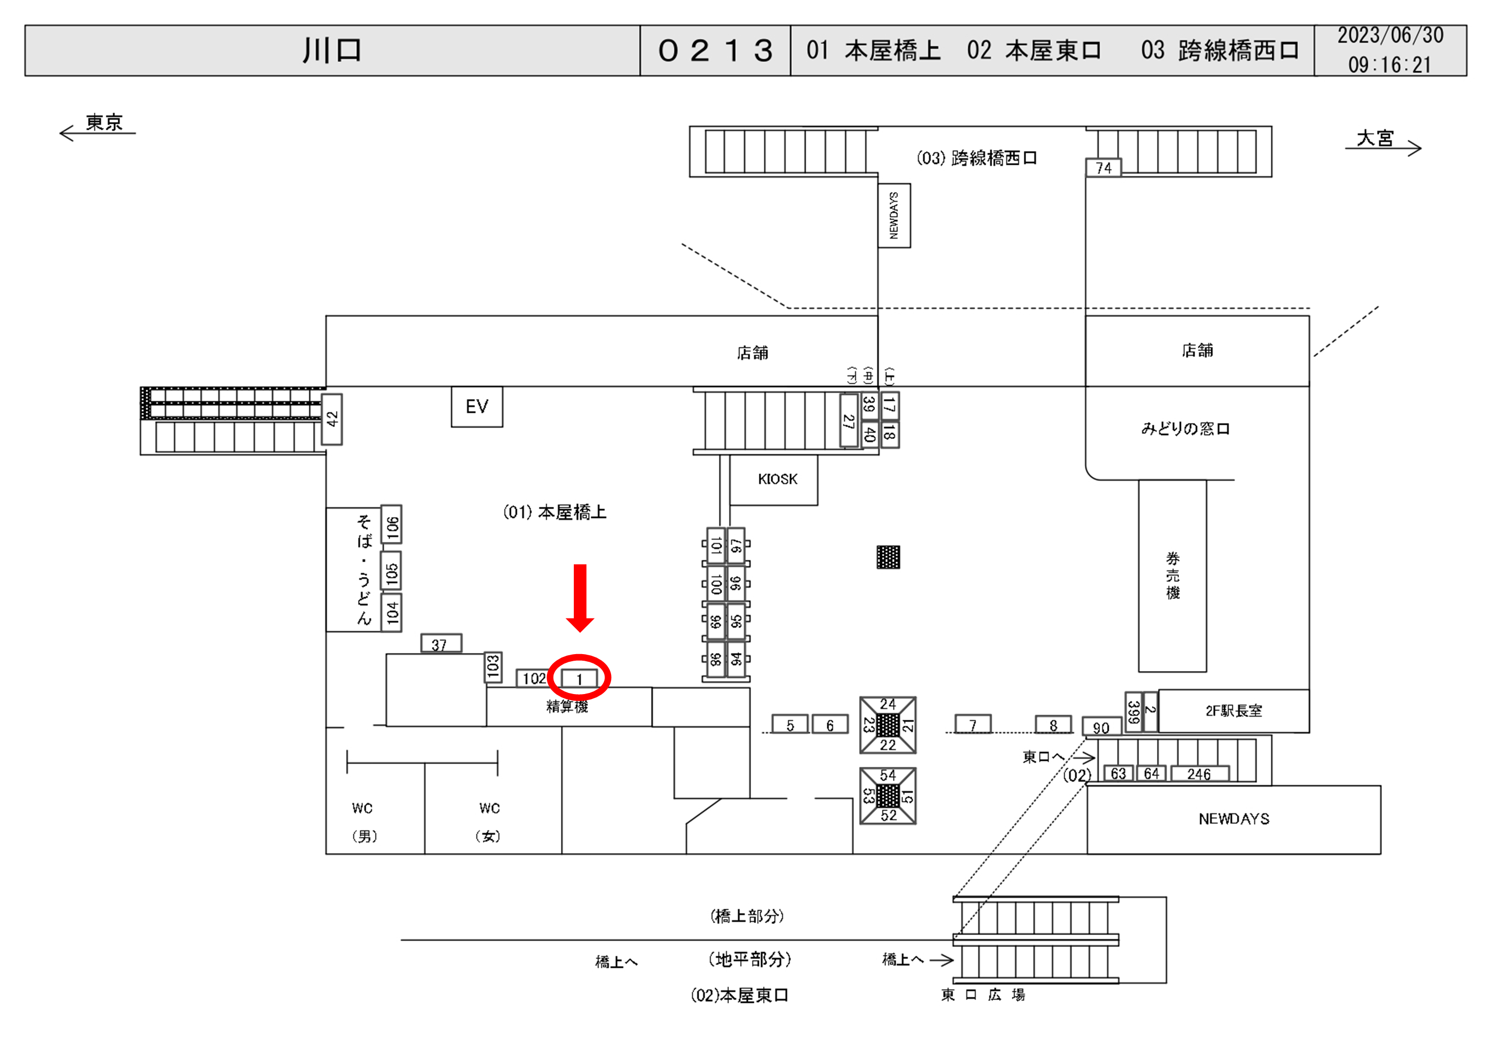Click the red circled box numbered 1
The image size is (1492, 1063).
point(579,679)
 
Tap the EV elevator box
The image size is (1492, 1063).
point(476,407)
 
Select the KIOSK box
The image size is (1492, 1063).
point(777,479)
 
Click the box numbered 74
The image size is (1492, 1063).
point(1103,168)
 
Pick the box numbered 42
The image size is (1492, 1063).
point(332,419)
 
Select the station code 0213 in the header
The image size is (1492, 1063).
point(715,51)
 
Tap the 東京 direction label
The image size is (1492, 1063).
point(104,123)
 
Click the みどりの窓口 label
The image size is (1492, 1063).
point(1185,429)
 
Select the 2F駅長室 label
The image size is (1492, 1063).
point(1234,711)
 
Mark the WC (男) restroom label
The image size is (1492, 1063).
point(362,822)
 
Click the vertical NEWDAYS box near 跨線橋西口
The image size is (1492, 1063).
point(894,215)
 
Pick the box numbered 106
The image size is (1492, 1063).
point(391,525)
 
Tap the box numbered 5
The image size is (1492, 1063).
point(790,725)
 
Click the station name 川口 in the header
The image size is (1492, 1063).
point(332,51)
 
